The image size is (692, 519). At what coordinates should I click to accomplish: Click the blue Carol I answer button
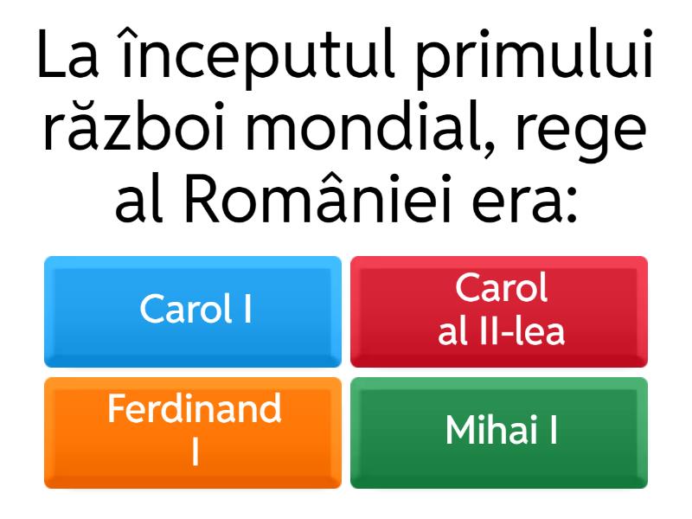click(193, 311)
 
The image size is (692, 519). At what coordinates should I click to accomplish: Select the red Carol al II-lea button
click(499, 311)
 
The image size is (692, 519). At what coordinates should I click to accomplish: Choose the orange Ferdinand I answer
click(193, 433)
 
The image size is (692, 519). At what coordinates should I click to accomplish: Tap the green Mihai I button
click(499, 433)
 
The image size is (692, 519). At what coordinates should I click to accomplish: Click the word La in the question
click(68, 54)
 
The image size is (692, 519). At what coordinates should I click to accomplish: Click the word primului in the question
click(535, 56)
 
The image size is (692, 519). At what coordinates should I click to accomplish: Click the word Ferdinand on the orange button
click(194, 408)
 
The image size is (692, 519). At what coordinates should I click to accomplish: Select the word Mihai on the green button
click(491, 429)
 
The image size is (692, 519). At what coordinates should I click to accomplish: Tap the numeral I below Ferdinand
click(195, 452)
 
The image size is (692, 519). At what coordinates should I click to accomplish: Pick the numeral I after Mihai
click(553, 430)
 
